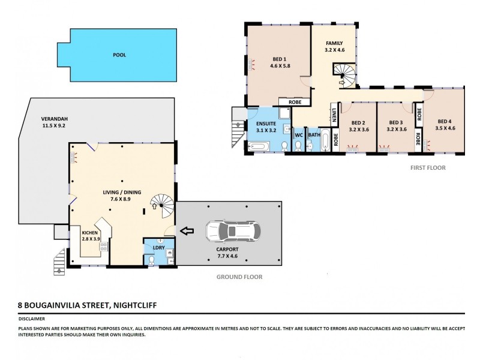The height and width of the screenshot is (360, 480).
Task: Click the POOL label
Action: (120, 55)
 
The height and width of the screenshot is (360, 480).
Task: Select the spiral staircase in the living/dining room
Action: (162, 206)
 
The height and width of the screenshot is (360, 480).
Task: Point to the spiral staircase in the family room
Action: (346, 76)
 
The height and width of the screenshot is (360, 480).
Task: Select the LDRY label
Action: (158, 248)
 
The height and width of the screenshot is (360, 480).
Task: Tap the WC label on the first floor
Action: (298, 135)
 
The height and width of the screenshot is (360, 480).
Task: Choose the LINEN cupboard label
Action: (334, 113)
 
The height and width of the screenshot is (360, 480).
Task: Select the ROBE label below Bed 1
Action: (295, 102)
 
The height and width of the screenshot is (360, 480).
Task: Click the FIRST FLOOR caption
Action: (428, 168)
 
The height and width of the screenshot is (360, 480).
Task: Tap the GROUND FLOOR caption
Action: (239, 277)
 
